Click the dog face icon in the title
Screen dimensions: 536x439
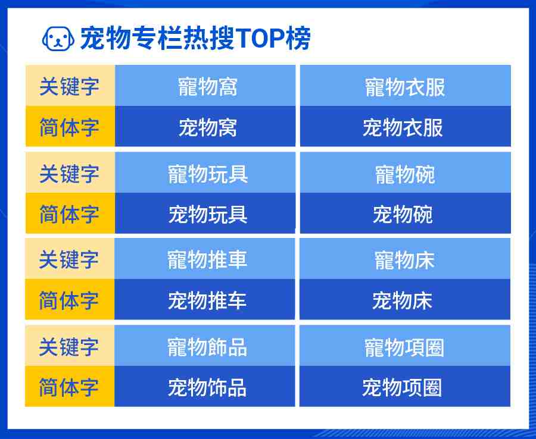pyautogui.click(x=58, y=38)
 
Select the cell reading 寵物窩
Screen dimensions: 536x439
pyautogui.click(x=205, y=85)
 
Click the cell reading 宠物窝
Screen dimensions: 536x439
pyautogui.click(x=205, y=126)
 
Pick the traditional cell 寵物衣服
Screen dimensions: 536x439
pyautogui.click(x=406, y=85)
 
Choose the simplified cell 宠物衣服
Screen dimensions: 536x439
pyautogui.click(x=406, y=126)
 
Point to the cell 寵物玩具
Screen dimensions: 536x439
pyautogui.click(x=205, y=173)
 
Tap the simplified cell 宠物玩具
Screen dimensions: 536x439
pyautogui.click(x=205, y=214)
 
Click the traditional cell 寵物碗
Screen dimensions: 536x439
pyautogui.click(x=406, y=173)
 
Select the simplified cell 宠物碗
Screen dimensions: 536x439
pyautogui.click(x=406, y=214)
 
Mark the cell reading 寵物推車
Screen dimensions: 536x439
pyautogui.click(x=205, y=258)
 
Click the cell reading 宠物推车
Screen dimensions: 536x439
pyautogui.click(x=205, y=299)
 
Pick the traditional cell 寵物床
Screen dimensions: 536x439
pyautogui.click(x=405, y=258)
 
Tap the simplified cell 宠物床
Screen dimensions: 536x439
pyautogui.click(x=405, y=299)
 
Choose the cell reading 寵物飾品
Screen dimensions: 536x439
pyautogui.click(x=205, y=346)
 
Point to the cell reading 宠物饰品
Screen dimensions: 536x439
pyautogui.click(x=205, y=387)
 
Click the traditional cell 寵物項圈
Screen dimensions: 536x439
pyautogui.click(x=405, y=346)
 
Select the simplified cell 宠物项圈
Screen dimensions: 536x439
pyautogui.click(x=405, y=387)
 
